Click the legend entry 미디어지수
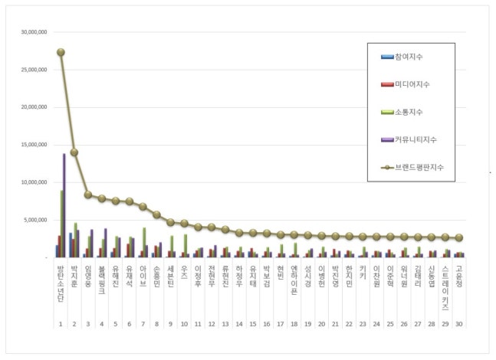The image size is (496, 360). pyautogui.click(x=411, y=84)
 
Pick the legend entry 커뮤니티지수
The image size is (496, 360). pyautogui.click(x=414, y=139)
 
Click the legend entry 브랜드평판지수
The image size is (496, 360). pyautogui.click(x=418, y=166)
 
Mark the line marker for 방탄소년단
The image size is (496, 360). pyautogui.click(x=61, y=52)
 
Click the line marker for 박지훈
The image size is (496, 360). pyautogui.click(x=74, y=152)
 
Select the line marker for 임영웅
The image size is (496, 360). pyautogui.click(x=88, y=195)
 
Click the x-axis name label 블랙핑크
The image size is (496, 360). pyautogui.click(x=102, y=280)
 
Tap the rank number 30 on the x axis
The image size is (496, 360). pyautogui.click(x=459, y=323)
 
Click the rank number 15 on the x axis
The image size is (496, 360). pyautogui.click(x=253, y=323)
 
